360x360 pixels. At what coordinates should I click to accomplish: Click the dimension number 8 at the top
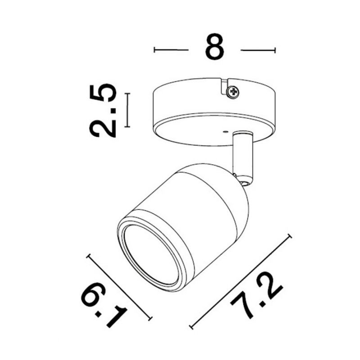(x=215, y=47)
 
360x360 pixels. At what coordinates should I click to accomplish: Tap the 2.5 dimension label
(x=103, y=110)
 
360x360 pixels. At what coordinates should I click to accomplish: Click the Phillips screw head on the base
(x=233, y=92)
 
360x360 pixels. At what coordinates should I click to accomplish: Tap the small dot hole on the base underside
(x=225, y=132)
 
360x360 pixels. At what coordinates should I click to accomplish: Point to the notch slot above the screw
(x=225, y=86)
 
